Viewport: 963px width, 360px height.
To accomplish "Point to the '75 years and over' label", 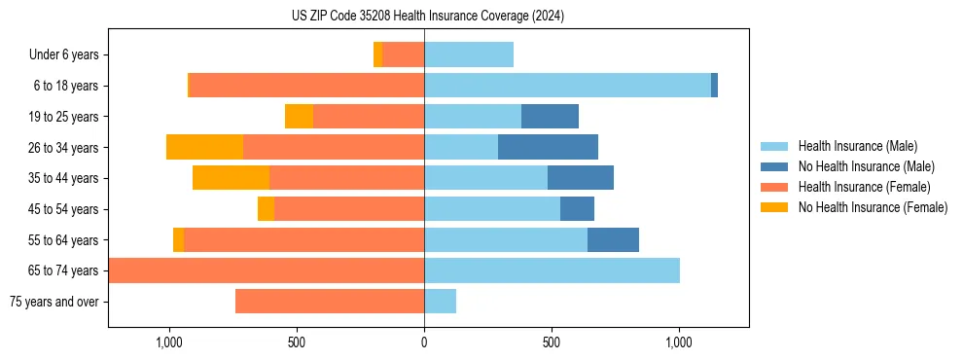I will tap(54, 302).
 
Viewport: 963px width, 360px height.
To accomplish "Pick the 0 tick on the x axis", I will tap(424, 342).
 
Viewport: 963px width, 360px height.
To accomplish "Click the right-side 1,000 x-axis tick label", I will tap(678, 342).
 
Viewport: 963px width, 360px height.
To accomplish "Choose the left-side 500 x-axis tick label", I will tap(297, 342).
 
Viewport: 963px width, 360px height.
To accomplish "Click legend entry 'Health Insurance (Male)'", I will tap(857, 146).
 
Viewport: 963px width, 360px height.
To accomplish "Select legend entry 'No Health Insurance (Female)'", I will tap(873, 207).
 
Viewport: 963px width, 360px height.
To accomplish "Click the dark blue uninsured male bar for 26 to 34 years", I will tap(548, 147).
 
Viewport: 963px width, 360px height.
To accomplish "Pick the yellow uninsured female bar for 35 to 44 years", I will tap(231, 178).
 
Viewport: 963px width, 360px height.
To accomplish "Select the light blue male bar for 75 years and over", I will tap(440, 302).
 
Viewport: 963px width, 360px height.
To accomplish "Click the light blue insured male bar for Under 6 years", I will tap(469, 54).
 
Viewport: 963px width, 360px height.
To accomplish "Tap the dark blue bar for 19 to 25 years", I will tap(550, 117).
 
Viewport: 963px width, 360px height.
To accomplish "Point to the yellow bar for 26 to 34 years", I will tap(204, 147).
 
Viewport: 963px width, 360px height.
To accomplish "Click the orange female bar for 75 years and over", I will tap(330, 302).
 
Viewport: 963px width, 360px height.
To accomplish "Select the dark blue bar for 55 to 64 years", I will tap(613, 239).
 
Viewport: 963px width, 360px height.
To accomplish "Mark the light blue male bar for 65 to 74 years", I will tap(552, 270).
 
